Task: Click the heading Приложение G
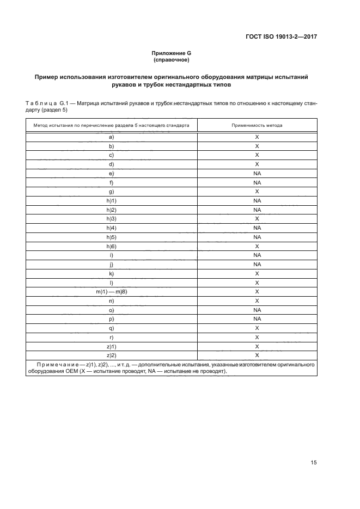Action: click(x=171, y=53)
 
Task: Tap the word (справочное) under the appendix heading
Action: click(x=171, y=60)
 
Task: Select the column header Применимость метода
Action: click(x=257, y=125)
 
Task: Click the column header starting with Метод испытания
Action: click(x=111, y=125)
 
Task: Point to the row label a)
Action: click(x=111, y=137)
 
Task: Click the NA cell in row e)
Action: click(x=257, y=174)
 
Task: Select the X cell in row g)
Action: click(x=257, y=192)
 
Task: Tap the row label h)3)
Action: click(x=111, y=219)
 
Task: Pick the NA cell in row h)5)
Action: click(x=257, y=237)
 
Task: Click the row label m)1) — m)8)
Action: click(x=111, y=292)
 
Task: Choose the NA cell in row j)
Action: click(x=257, y=265)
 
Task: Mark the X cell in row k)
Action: click(x=257, y=273)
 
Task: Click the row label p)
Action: click(x=111, y=319)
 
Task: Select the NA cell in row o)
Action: click(x=257, y=310)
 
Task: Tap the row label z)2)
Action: click(x=111, y=355)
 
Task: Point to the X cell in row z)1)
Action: click(x=257, y=346)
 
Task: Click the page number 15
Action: click(x=313, y=463)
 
